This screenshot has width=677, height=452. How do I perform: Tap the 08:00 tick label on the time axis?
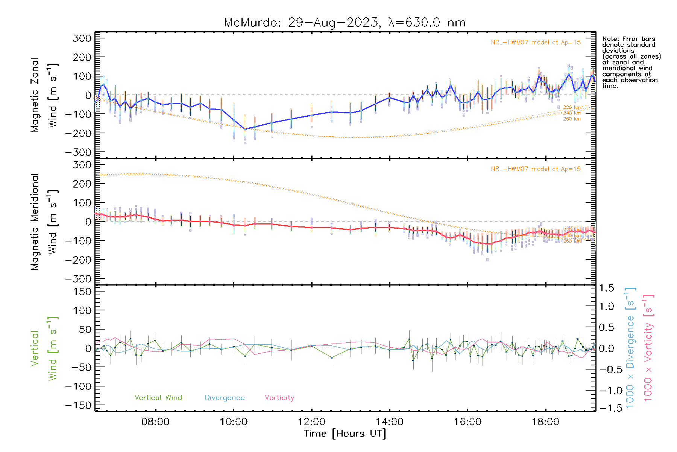click(155, 422)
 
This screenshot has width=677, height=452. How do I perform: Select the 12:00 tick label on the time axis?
click(311, 422)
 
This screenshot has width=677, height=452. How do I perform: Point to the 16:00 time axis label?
click(468, 422)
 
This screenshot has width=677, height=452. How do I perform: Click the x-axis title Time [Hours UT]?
click(345, 434)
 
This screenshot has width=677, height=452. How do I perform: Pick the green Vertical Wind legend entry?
click(158, 397)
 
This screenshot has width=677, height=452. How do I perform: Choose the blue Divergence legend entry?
click(225, 397)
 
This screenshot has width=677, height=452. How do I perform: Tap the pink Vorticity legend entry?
click(279, 397)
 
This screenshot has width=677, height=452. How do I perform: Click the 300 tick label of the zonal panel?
click(82, 38)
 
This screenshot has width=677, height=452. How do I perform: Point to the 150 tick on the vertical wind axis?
click(82, 292)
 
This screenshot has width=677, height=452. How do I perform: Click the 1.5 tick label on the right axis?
click(606, 288)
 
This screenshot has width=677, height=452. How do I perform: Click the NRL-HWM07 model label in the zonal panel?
click(536, 42)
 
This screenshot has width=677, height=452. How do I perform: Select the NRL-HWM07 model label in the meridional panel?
click(536, 169)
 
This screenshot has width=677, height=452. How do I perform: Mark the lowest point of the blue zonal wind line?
click(245, 129)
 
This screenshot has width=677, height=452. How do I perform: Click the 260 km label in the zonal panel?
click(572, 119)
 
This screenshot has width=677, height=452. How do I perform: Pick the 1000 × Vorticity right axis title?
click(648, 348)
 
